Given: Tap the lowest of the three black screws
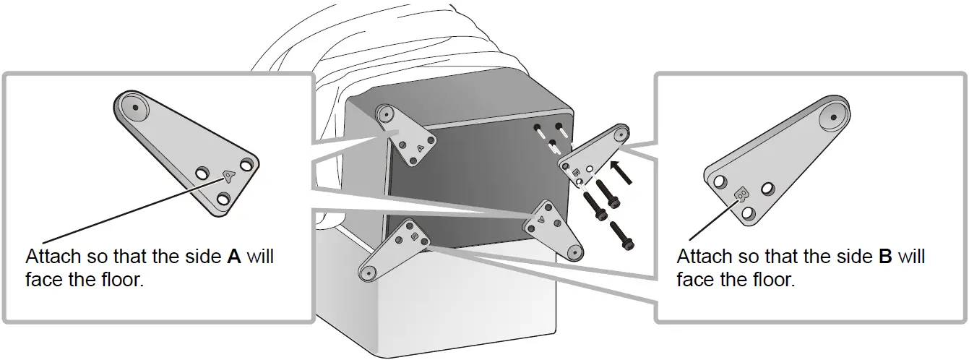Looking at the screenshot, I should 622,237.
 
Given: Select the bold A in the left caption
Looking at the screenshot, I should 233,257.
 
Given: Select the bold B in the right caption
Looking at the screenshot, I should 885,257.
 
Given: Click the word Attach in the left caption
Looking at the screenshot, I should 52,257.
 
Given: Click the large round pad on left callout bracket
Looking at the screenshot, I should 135,106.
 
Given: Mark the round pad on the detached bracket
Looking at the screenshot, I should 619,134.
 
